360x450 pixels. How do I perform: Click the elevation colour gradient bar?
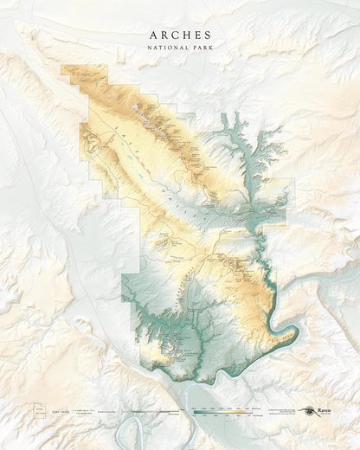[x=222, y=413]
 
